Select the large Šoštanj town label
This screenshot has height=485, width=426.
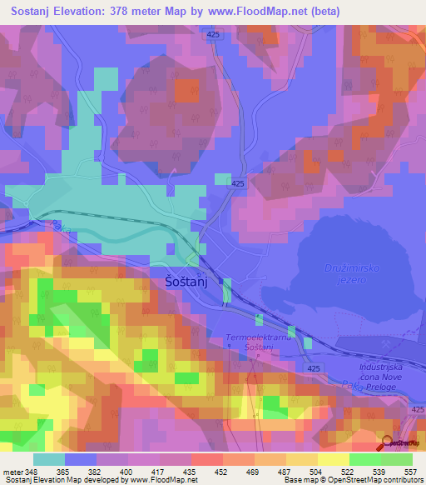click(184, 283)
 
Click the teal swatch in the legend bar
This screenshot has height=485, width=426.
click(49, 459)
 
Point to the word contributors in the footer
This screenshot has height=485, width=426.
click(400, 480)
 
